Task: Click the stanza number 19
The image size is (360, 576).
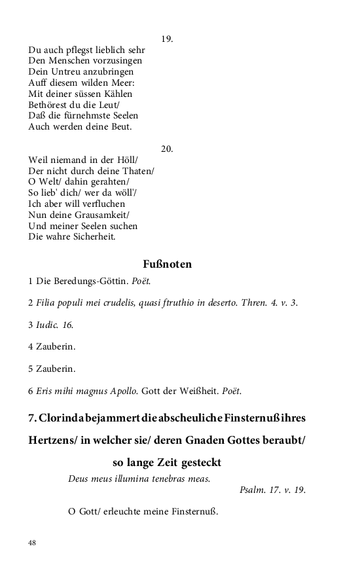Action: click(167, 39)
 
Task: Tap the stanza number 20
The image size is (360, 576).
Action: click(167, 149)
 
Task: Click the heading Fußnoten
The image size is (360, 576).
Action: click(167, 264)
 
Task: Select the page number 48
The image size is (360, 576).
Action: click(33, 543)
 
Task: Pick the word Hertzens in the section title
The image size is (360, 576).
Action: click(56, 441)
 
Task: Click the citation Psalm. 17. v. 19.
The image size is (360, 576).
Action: click(272, 490)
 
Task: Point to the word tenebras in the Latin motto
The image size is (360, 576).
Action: click(166, 478)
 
